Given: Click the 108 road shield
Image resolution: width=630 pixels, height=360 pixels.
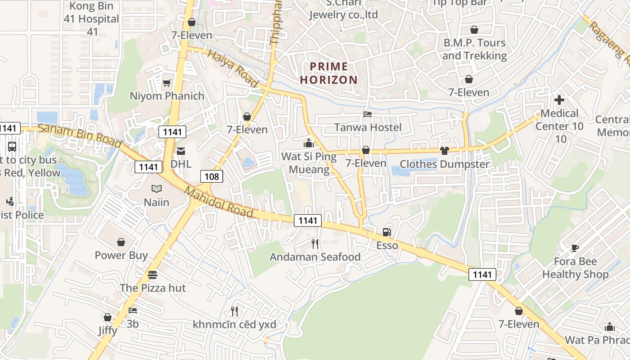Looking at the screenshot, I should pos(211,176).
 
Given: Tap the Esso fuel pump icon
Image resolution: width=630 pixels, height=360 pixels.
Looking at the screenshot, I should pos(386,232).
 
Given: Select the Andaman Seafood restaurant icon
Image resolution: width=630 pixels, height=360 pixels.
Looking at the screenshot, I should pos(315,244).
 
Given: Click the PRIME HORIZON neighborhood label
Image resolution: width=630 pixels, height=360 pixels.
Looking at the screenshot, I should pos(329,73).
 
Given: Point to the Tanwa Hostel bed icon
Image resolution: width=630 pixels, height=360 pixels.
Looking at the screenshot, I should pos(368,114).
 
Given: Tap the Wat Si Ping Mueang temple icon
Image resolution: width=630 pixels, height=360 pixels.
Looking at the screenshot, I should pos(309,143).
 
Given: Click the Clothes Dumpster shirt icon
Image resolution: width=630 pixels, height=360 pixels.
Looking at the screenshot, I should pos(445,151).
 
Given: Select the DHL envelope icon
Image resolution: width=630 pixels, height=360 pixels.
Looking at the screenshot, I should pos(180,151).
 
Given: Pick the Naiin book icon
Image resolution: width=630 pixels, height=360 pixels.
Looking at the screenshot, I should pos(156,189).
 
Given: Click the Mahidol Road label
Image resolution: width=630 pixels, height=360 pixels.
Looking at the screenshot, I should pos(219,202).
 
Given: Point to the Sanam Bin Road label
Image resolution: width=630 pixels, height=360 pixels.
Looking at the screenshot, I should pos(79,135).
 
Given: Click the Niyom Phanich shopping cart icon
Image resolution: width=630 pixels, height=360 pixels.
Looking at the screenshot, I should pos(166,83).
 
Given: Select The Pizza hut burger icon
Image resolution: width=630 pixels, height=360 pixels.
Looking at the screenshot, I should pos(152,274).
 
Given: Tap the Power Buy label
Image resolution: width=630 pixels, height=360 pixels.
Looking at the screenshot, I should pos(121,255).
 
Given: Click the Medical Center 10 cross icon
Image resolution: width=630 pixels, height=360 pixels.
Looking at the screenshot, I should pos(559,99).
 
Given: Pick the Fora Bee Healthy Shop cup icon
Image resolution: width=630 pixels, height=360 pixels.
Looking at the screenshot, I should pos(575,248).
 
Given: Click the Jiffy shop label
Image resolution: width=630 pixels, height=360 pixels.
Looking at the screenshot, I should pos(108,331).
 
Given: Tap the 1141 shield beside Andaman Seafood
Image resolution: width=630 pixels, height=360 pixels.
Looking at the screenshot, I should pos(308,220).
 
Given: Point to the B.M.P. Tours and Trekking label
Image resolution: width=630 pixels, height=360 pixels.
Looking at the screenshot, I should pos(474,49).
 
